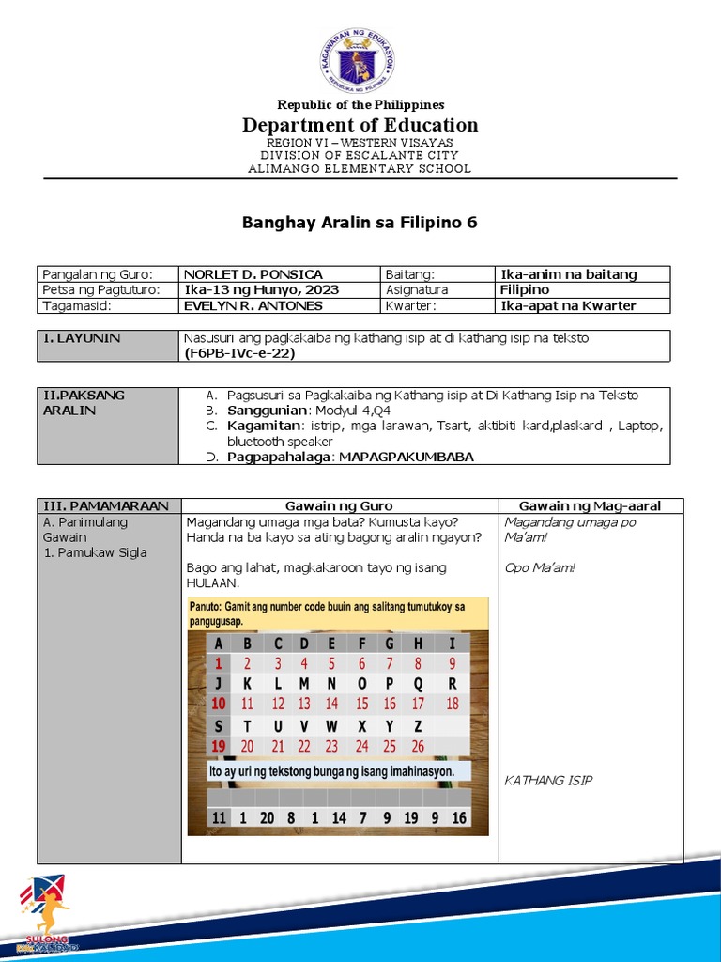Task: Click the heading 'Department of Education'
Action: click(x=360, y=125)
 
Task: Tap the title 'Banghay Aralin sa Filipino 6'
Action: click(x=360, y=223)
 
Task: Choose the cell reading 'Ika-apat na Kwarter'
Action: click(x=568, y=305)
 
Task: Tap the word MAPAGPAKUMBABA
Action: click(x=407, y=457)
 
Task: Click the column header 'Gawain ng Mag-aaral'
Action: click(x=590, y=506)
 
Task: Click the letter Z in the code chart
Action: click(x=418, y=725)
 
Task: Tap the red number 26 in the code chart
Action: click(x=418, y=747)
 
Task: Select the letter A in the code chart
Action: click(x=219, y=644)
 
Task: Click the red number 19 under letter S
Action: click(x=219, y=747)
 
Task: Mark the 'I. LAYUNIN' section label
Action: click(x=83, y=338)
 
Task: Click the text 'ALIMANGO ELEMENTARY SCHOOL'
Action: click(x=360, y=169)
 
